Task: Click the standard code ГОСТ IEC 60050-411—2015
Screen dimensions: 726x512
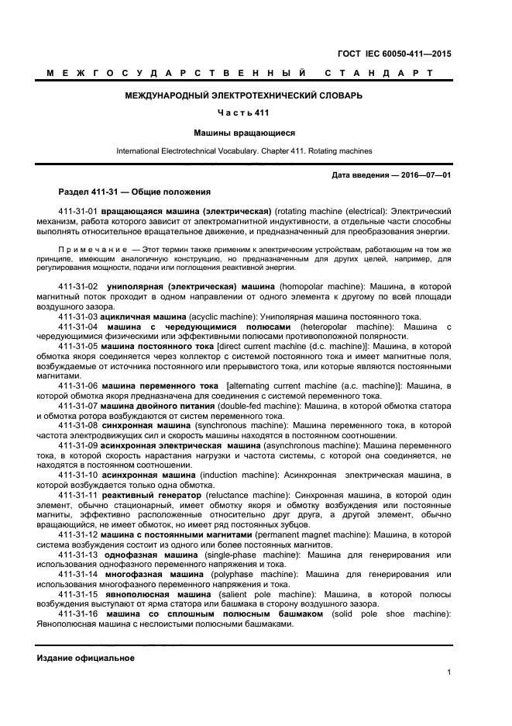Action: tap(395, 54)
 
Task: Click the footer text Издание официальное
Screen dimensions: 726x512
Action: tap(86, 658)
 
